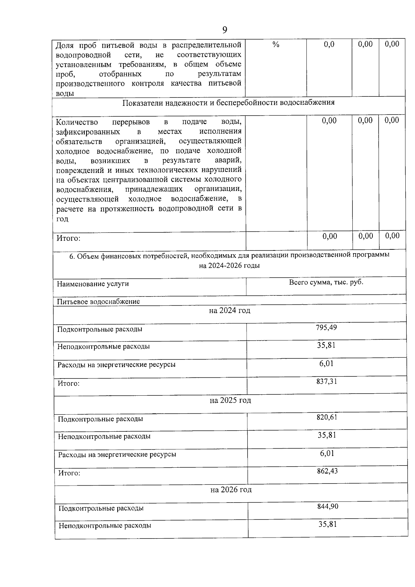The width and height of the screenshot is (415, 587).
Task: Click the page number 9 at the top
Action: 224,30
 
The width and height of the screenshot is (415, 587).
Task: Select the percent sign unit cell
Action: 276,44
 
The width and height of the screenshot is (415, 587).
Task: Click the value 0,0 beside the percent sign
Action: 329,44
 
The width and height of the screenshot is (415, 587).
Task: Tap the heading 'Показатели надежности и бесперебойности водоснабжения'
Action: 229,103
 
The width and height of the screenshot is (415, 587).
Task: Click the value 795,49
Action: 326,327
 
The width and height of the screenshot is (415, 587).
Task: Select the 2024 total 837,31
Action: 326,381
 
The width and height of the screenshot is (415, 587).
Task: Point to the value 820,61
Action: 327,417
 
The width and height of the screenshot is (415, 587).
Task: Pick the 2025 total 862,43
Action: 327,471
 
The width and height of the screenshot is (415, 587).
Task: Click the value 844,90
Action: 328,506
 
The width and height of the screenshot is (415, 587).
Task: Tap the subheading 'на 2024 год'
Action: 230,311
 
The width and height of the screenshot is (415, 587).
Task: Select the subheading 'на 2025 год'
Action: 230,400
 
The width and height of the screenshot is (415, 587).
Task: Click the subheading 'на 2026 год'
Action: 231,489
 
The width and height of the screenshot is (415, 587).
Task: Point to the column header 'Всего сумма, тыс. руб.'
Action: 326,282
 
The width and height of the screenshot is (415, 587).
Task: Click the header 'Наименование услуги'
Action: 93,284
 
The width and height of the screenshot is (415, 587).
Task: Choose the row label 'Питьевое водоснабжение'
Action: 98,302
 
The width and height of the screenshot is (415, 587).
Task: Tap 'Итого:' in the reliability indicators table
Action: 68,238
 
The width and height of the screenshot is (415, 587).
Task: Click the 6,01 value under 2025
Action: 327,453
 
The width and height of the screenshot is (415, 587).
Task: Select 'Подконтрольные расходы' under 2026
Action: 101,508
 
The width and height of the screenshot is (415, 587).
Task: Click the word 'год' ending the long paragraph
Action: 63,219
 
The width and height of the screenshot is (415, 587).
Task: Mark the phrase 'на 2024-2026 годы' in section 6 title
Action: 229,266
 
